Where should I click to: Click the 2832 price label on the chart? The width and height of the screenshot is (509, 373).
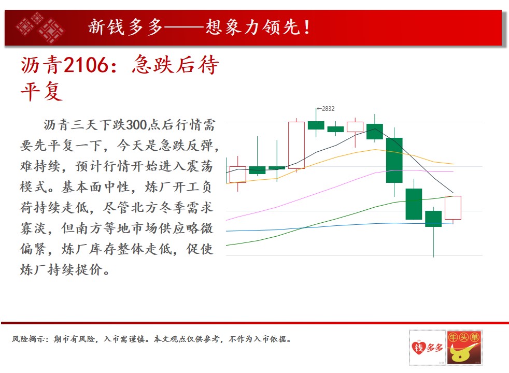pyautogui.click(x=328, y=109)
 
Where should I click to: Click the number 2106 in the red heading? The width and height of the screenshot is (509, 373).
pyautogui.click(x=86, y=65)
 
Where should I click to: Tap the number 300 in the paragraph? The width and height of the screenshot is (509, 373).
pyautogui.click(x=136, y=125)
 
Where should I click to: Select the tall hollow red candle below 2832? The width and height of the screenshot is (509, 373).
pyautogui.click(x=296, y=145)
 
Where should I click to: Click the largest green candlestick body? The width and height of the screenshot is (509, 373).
pyautogui.click(x=394, y=160)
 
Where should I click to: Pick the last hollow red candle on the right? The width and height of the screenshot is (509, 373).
pyautogui.click(x=453, y=208)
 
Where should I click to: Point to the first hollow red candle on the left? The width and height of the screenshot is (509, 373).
pyautogui.click(x=237, y=175)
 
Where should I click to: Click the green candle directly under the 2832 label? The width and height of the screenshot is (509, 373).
pyautogui.click(x=316, y=125)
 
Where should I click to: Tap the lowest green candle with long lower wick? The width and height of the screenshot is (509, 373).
pyautogui.click(x=433, y=219)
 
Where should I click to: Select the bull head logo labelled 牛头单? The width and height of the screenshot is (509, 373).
pyautogui.click(x=464, y=348)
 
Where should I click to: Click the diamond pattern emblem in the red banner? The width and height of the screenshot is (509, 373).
pyautogui.click(x=40, y=27)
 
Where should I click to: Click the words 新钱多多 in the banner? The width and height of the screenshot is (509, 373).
pyautogui.click(x=125, y=27)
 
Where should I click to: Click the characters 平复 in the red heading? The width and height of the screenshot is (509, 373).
pyautogui.click(x=41, y=91)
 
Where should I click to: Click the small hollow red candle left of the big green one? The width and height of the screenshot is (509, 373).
pyautogui.click(x=355, y=127)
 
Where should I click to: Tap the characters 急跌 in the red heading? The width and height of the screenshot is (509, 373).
pyautogui.click(x=153, y=65)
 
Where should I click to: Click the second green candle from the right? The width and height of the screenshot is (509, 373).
pyautogui.click(x=414, y=204)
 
